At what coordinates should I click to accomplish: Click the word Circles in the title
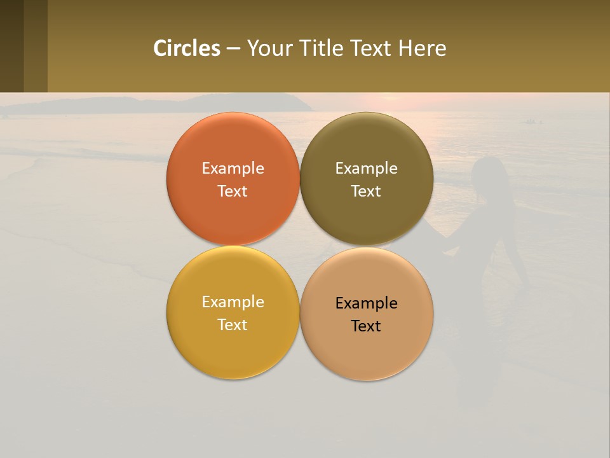[187, 48]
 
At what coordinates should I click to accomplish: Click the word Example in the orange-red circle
[233, 169]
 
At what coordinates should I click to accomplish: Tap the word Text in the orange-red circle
[233, 191]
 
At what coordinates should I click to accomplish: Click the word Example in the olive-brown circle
[367, 169]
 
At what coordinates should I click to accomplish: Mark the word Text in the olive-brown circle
[367, 191]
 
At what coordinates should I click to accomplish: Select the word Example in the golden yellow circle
[233, 302]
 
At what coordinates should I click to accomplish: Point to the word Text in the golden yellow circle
[233, 325]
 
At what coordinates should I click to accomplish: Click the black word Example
[367, 303]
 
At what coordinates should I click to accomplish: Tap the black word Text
[367, 326]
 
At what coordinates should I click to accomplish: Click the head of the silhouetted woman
[488, 175]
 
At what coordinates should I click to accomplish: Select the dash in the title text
[233, 49]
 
